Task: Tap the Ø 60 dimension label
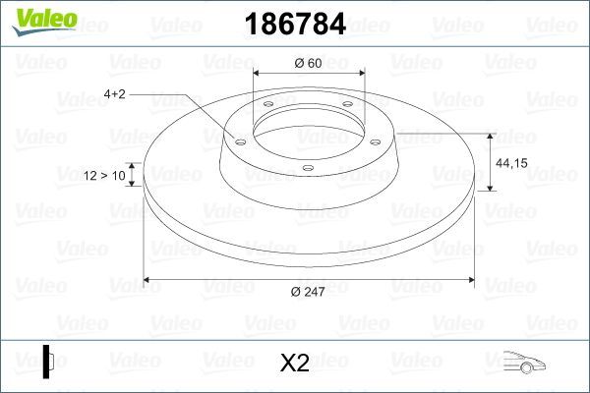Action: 309,64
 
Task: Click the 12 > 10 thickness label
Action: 105,176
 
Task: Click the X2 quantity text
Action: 295,364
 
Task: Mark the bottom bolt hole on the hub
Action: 308,168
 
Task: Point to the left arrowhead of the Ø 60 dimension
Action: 258,74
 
